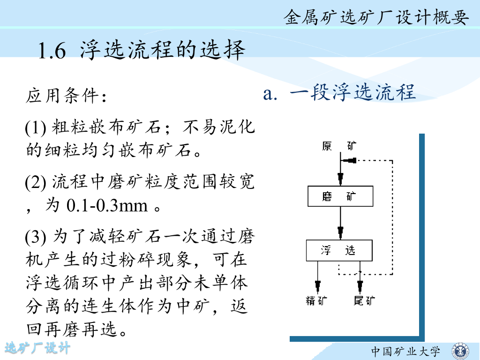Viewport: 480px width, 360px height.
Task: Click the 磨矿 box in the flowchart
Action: coord(340,196)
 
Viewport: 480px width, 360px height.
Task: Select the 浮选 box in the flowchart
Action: coord(339,250)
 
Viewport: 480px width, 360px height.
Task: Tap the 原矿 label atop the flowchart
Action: coord(339,146)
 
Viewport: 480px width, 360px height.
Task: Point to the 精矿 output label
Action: coord(316,300)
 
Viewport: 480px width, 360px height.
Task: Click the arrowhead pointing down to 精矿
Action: coord(318,285)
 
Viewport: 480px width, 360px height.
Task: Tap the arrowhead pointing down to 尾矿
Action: coord(360,285)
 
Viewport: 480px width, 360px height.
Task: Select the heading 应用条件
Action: coord(66,97)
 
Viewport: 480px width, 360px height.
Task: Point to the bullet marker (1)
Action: coord(35,127)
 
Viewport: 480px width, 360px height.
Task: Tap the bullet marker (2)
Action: coord(36,182)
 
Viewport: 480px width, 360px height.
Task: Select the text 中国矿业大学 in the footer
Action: coord(406,351)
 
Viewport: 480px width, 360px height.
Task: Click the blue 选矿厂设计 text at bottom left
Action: coord(37,348)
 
